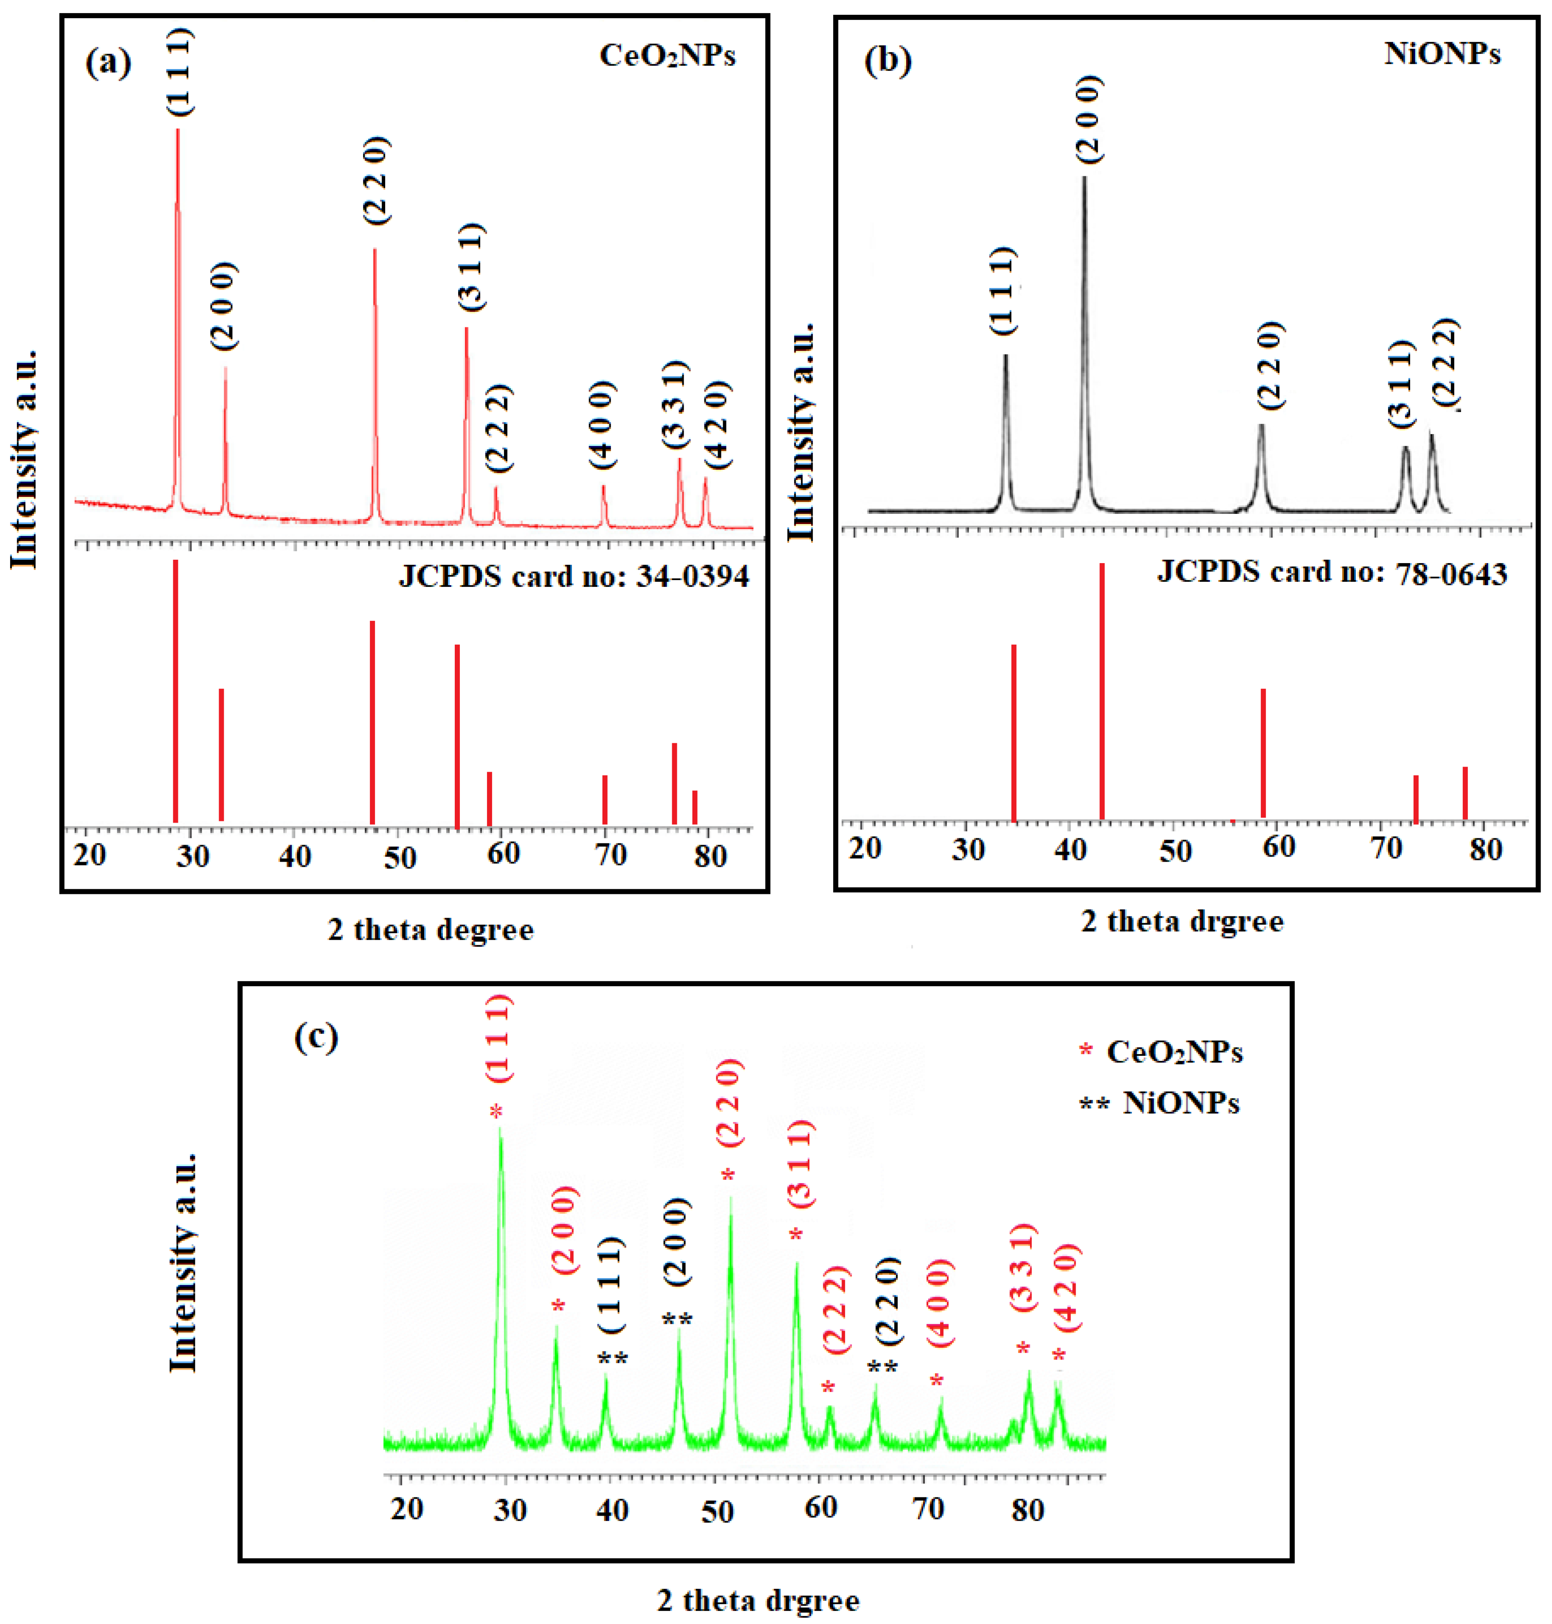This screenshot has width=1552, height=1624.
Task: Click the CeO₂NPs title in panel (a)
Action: [x=667, y=56]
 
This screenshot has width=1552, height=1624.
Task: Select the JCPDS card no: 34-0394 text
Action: [x=573, y=576]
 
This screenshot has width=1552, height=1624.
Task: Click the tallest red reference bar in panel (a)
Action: [x=175, y=691]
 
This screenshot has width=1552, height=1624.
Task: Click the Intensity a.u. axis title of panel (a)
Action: [x=25, y=459]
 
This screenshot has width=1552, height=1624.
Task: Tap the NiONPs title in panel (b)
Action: [x=1442, y=54]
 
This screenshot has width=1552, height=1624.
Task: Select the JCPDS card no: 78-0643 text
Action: [x=1331, y=572]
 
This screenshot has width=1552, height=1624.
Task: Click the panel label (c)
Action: [x=316, y=1036]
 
